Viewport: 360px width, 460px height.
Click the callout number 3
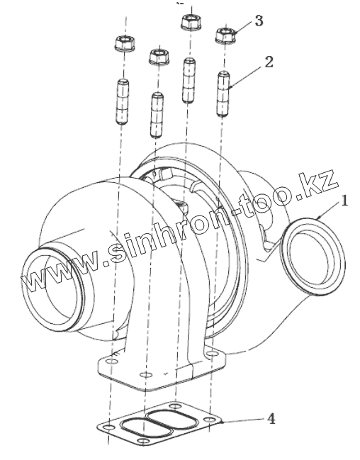click(x=259, y=21)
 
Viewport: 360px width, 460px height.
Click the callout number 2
click(x=269, y=62)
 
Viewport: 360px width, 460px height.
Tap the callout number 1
click(x=344, y=201)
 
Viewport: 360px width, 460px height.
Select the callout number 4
click(x=271, y=419)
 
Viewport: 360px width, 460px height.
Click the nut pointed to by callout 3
click(x=226, y=35)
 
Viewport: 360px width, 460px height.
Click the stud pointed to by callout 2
click(x=223, y=94)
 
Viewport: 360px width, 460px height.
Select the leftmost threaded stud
click(x=123, y=101)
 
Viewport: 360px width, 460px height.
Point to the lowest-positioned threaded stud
click(x=157, y=115)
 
